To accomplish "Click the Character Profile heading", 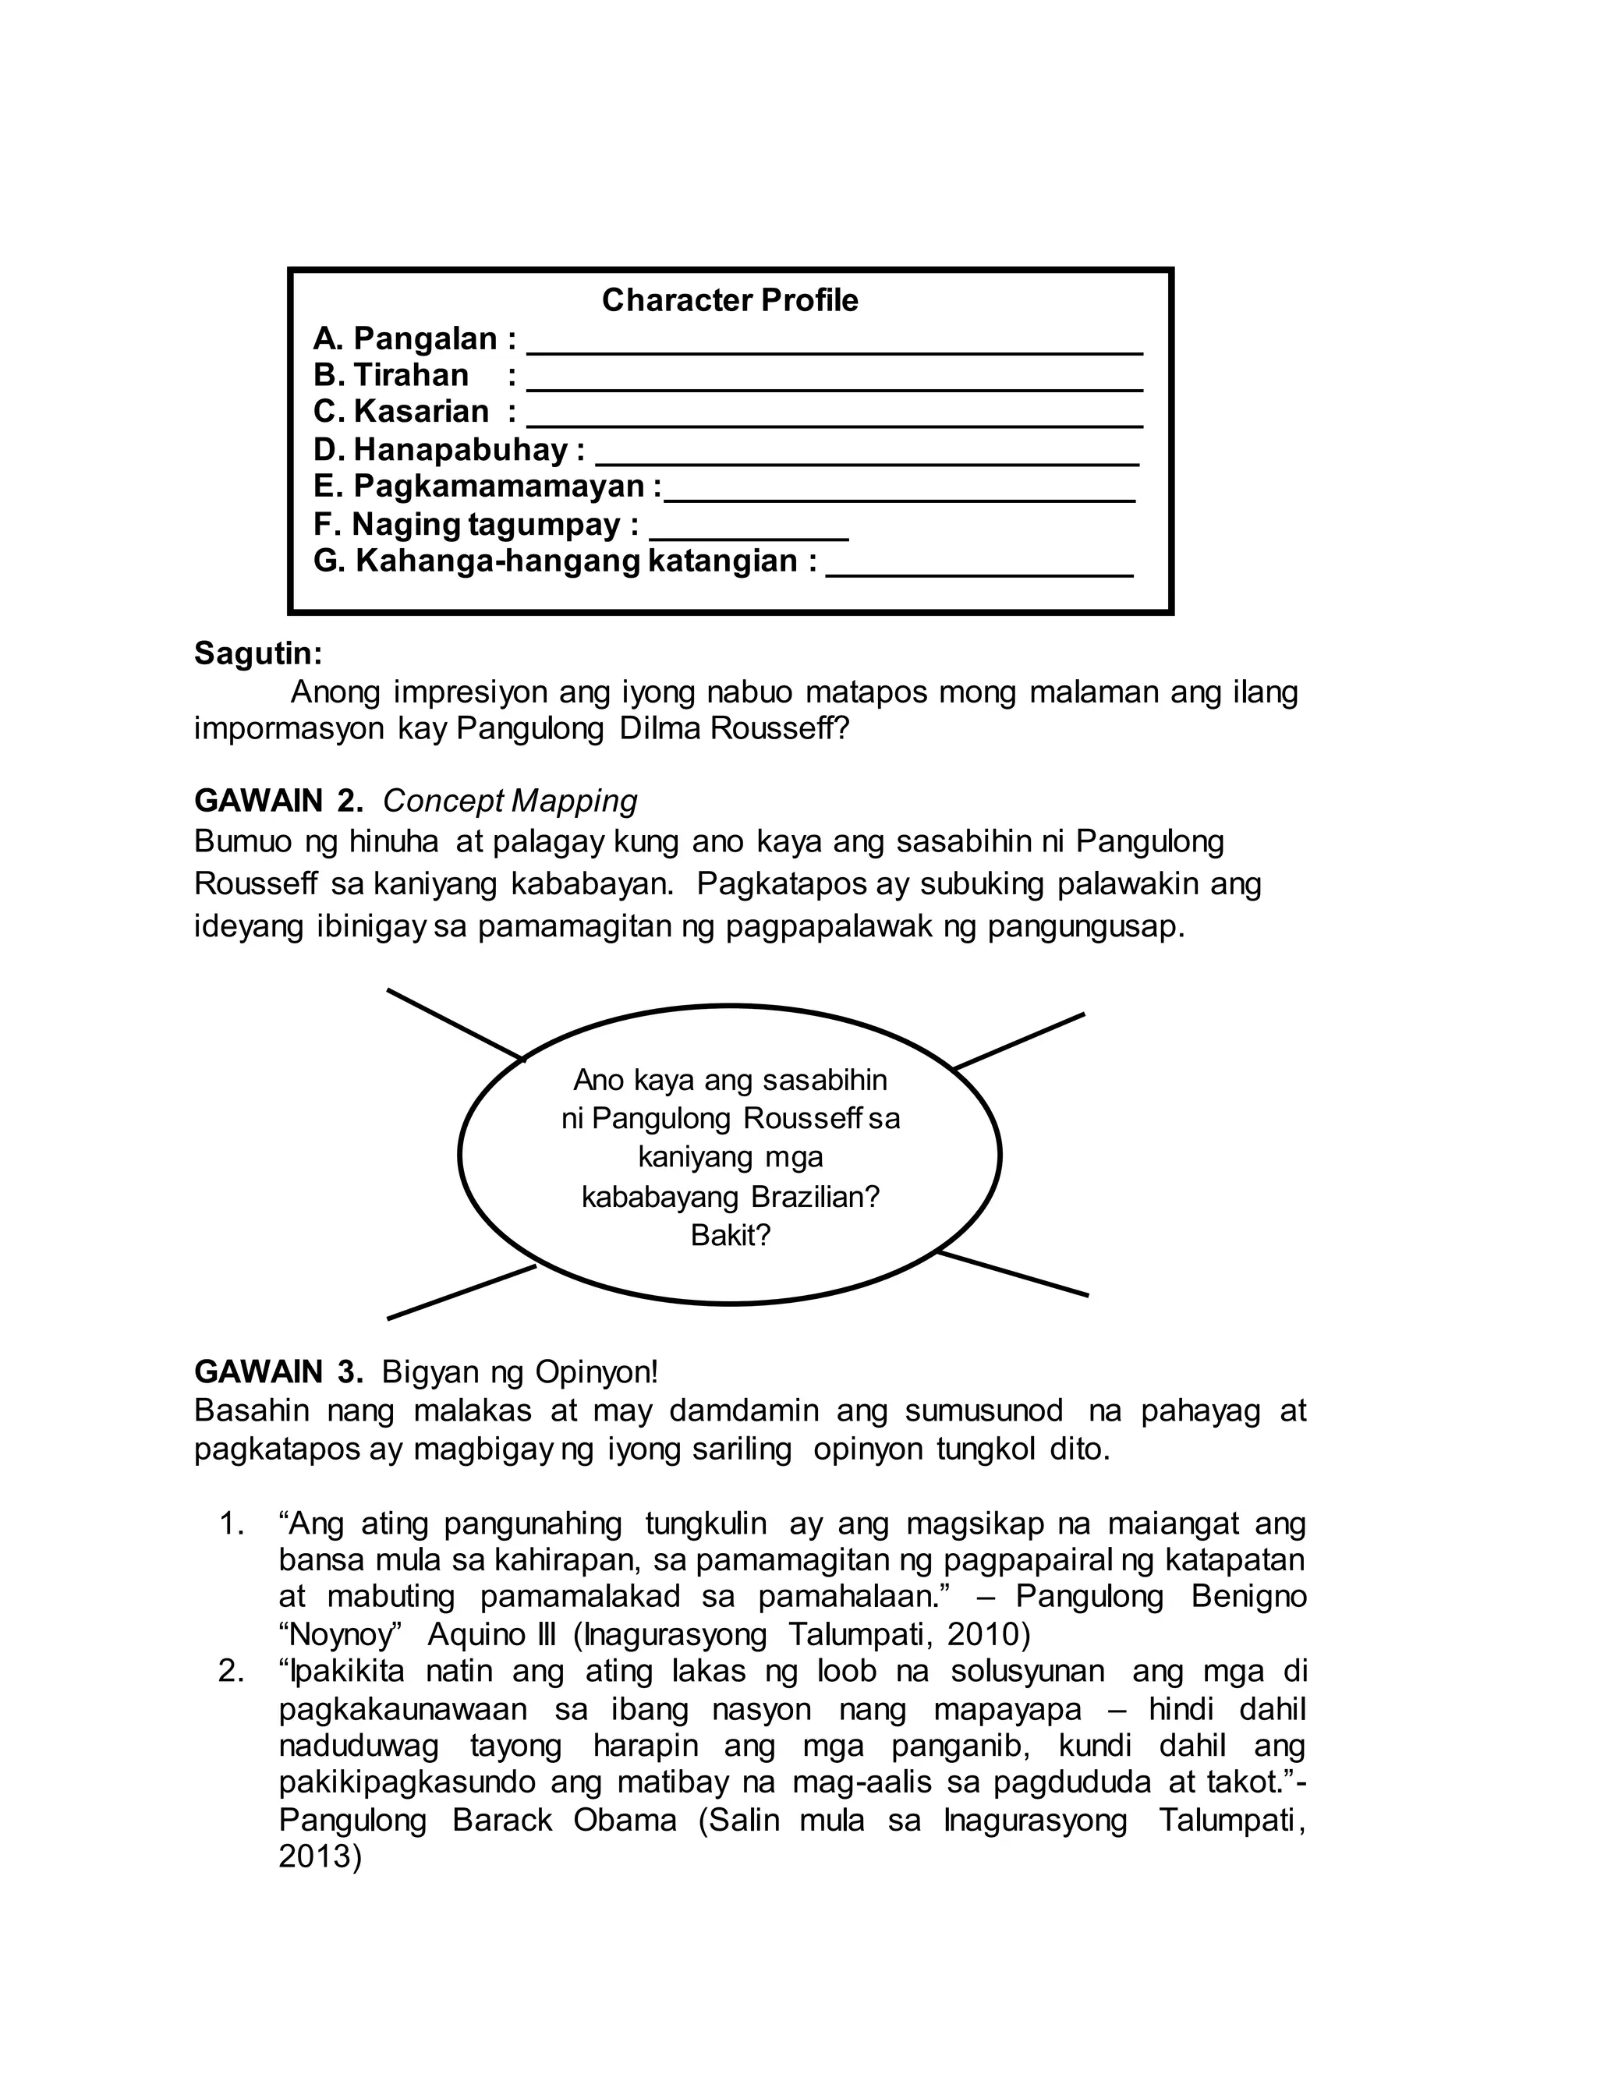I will [x=729, y=300].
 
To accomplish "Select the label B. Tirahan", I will [x=391, y=375].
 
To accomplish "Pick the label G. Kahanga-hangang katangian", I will [x=565, y=561].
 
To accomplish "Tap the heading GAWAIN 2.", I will [x=278, y=801].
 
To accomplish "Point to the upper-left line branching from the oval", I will [x=455, y=1025].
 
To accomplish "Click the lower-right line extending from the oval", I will [x=1014, y=1274].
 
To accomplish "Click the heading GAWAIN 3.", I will [x=278, y=1372].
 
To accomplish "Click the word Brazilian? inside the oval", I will [x=816, y=1196].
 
